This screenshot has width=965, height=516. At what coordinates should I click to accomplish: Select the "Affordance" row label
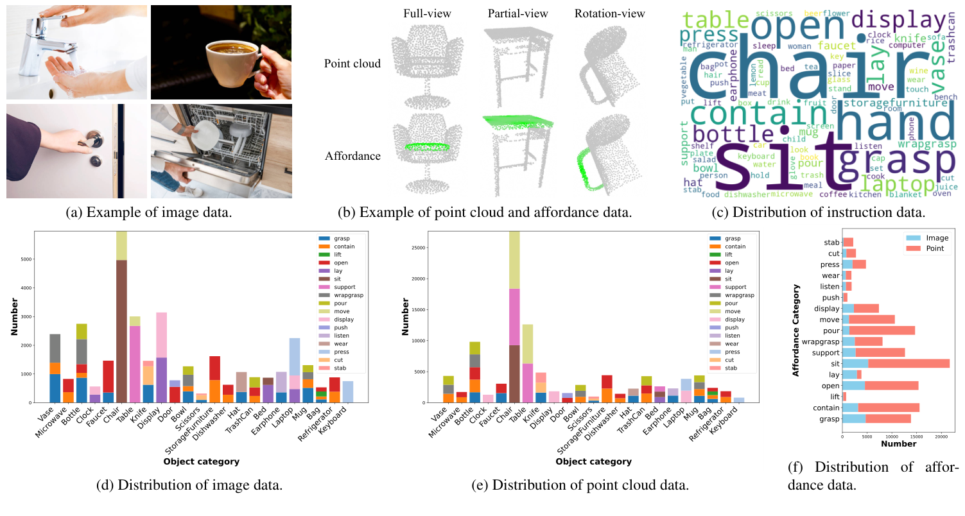coord(352,156)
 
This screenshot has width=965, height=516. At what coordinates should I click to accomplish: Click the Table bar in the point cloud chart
coord(526,363)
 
